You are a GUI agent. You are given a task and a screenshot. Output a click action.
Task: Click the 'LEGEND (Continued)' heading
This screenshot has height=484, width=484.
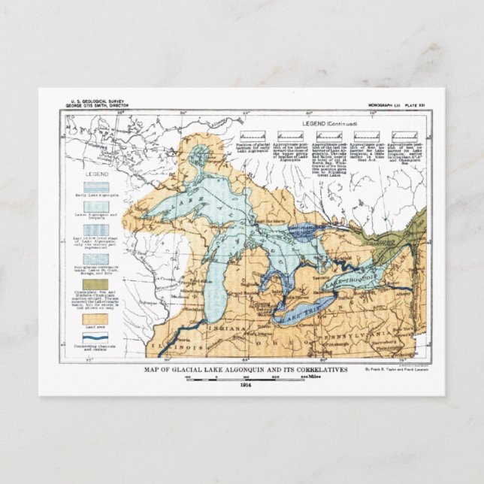click(x=329, y=123)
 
